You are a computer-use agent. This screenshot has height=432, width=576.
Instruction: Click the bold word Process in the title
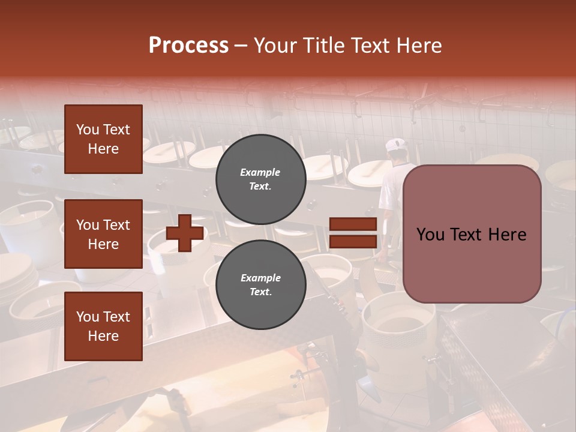tap(188, 45)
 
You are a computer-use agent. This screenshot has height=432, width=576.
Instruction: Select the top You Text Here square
tap(103, 139)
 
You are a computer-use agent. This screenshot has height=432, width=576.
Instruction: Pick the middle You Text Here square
tap(103, 234)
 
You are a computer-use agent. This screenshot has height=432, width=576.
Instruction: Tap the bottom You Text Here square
tap(103, 326)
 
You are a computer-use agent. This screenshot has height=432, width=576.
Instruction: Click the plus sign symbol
tap(185, 233)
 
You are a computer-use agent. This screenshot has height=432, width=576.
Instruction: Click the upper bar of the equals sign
tap(353, 224)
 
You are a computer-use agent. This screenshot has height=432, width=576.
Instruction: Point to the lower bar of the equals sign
tap(353, 241)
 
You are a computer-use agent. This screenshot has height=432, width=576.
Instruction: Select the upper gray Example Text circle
tap(260, 179)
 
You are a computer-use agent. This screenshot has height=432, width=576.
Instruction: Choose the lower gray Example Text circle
tap(260, 284)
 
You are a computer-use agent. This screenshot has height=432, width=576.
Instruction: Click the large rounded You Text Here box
tap(472, 234)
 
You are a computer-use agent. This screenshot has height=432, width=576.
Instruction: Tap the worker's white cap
tap(396, 145)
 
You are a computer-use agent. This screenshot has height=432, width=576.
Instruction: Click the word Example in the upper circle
tap(260, 172)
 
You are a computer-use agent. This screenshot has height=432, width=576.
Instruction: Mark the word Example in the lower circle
tap(260, 278)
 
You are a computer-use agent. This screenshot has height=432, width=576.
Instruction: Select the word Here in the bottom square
tap(103, 336)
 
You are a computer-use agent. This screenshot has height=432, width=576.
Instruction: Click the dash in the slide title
tap(241, 46)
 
